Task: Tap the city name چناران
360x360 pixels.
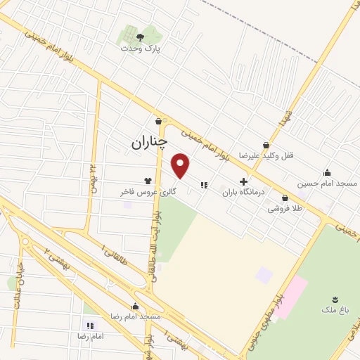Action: coord(149,142)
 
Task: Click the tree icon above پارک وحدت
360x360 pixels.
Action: coord(139,37)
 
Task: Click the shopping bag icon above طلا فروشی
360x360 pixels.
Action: coord(285,198)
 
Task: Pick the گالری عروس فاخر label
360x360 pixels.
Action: coord(147,191)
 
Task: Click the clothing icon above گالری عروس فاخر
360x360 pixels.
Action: coord(148,179)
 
